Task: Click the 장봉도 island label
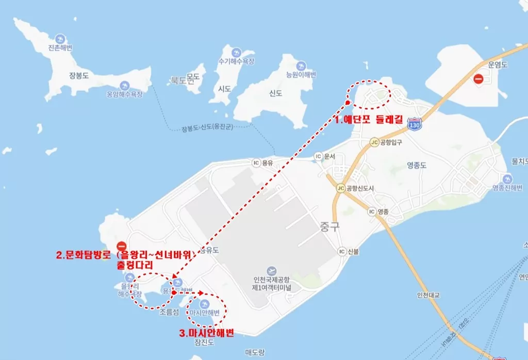pos(79,75)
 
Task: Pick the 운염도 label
pos(498,65)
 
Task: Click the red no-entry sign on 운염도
pos(478,79)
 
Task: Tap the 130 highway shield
pos(414,124)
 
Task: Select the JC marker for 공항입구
pos(374,142)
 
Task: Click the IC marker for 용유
pos(256,162)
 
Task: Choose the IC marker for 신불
pos(341,251)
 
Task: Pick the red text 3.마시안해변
pos(207,333)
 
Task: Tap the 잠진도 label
pos(204,342)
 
